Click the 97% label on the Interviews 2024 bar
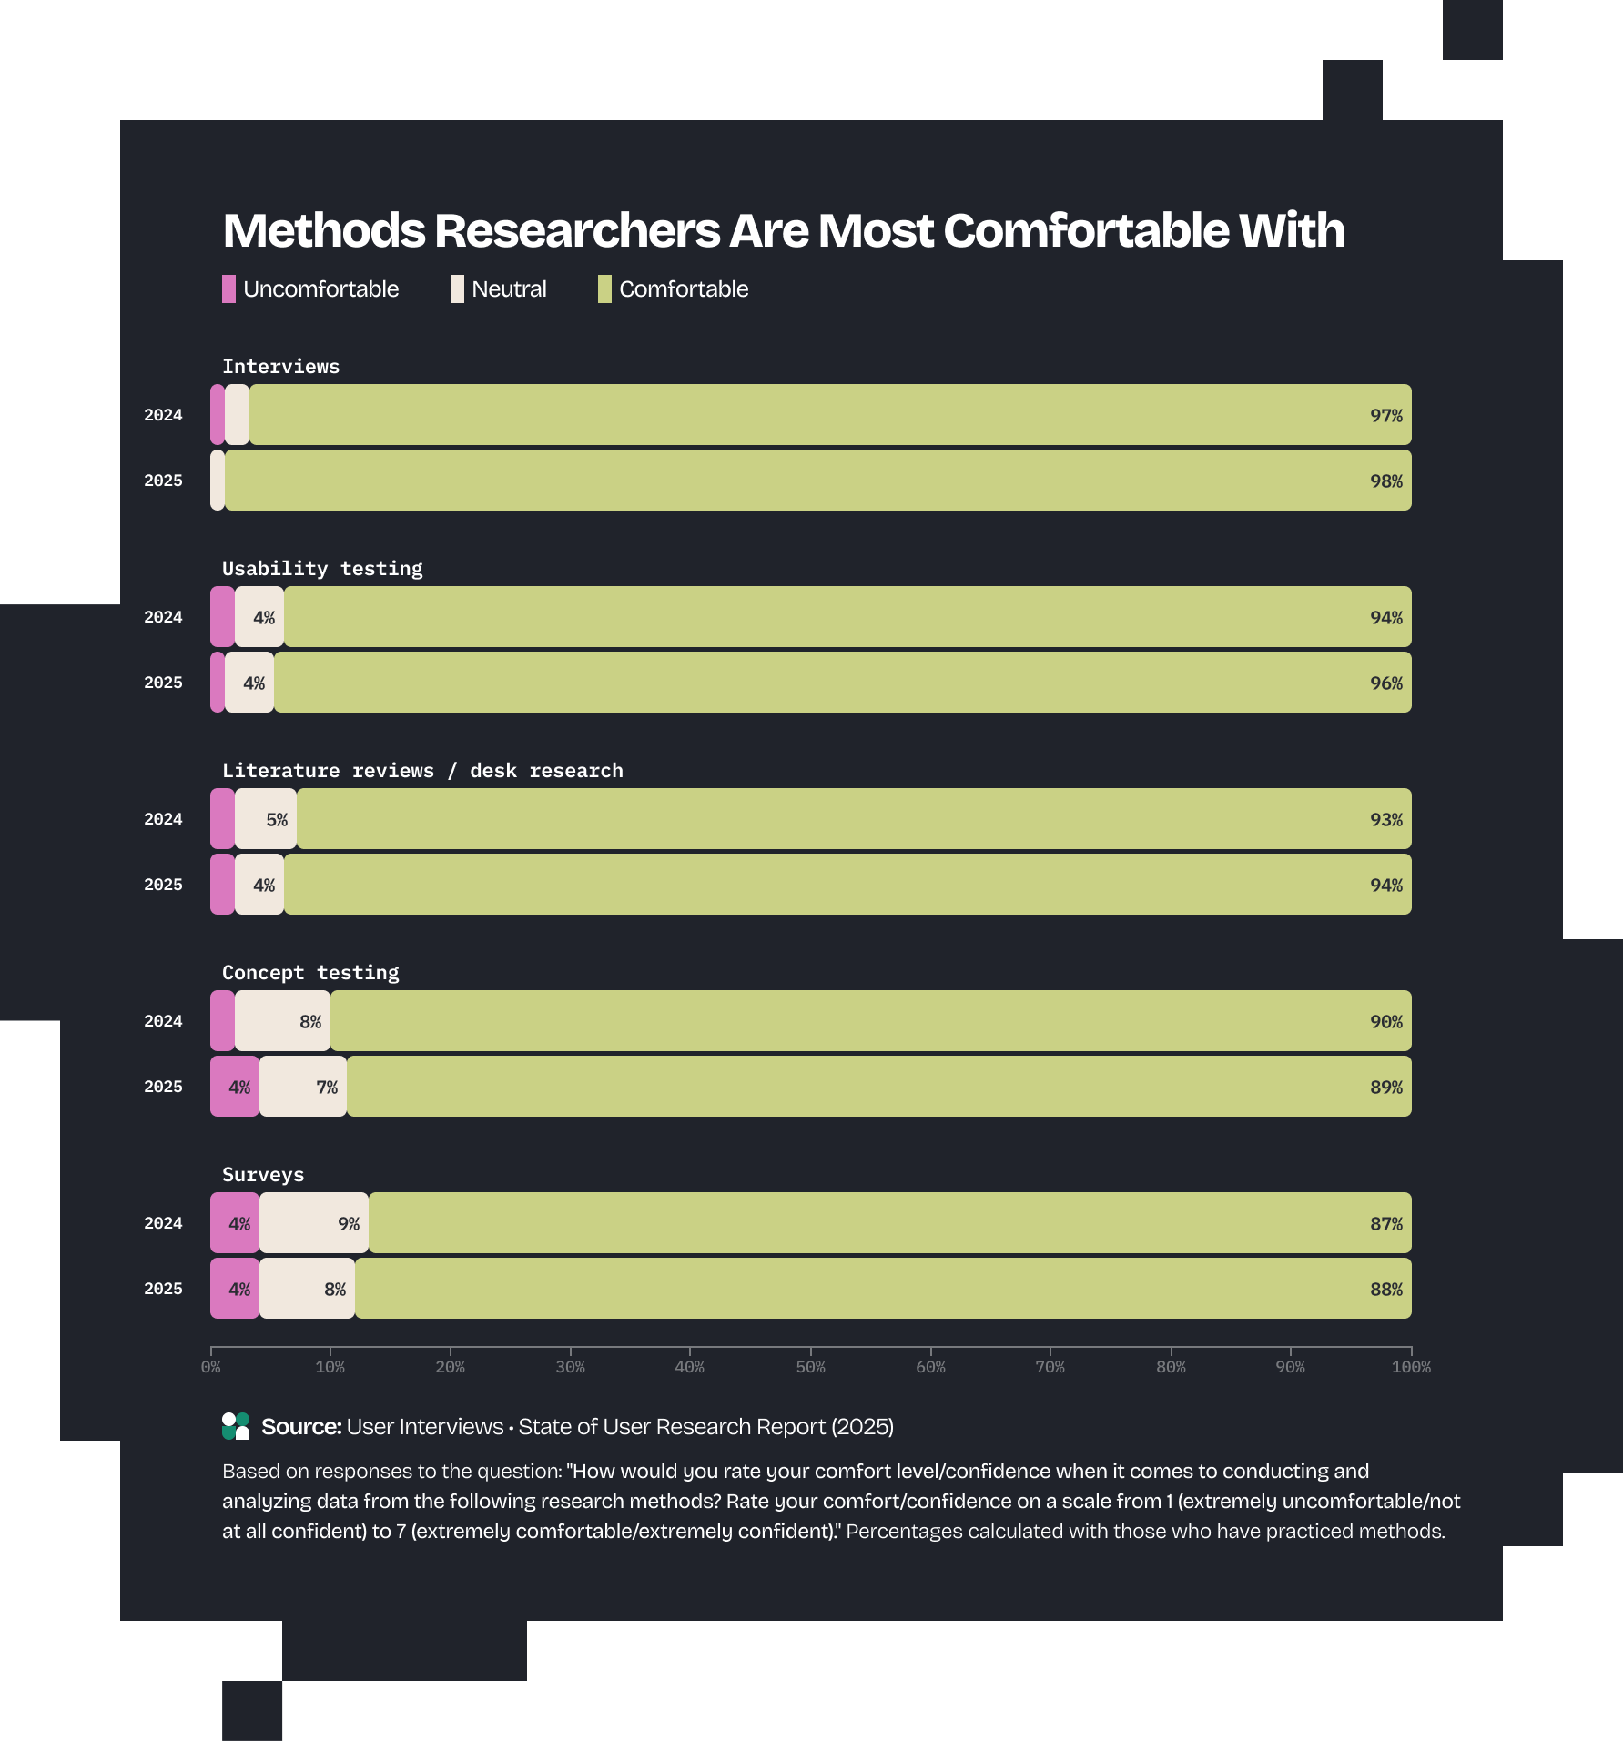pyautogui.click(x=1385, y=416)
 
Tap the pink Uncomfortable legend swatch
pyautogui.click(x=228, y=289)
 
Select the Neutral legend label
pyautogui.click(x=509, y=289)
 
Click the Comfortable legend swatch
pyautogui.click(x=604, y=289)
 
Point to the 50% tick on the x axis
pyautogui.click(x=810, y=1367)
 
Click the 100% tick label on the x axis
pyautogui.click(x=1410, y=1367)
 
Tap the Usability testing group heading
pyautogui.click(x=322, y=569)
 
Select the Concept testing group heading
pyautogui.click(x=310, y=973)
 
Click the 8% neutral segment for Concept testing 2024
pyautogui.click(x=283, y=1021)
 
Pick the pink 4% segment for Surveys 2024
pyautogui.click(x=236, y=1223)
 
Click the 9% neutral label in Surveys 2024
pyautogui.click(x=349, y=1224)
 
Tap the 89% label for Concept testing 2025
pyautogui.click(x=1385, y=1088)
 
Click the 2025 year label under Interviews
pyautogui.click(x=163, y=481)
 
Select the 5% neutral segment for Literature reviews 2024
pyautogui.click(x=266, y=819)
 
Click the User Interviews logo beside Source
pyautogui.click(x=236, y=1426)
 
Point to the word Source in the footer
pyautogui.click(x=300, y=1427)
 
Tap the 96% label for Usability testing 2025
pyautogui.click(x=1385, y=683)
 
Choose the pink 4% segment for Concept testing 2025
pyautogui.click(x=236, y=1087)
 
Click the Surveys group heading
pyautogui.click(x=263, y=1175)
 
